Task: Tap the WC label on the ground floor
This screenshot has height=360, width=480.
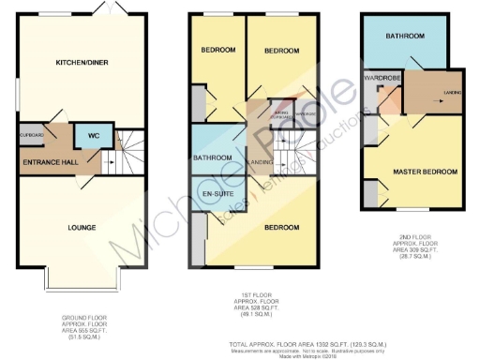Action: tap(94, 135)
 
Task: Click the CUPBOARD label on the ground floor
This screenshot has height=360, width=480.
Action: tap(30, 134)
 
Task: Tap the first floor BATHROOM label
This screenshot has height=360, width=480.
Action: tap(213, 158)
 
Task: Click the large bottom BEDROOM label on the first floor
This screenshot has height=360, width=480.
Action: tap(280, 228)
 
